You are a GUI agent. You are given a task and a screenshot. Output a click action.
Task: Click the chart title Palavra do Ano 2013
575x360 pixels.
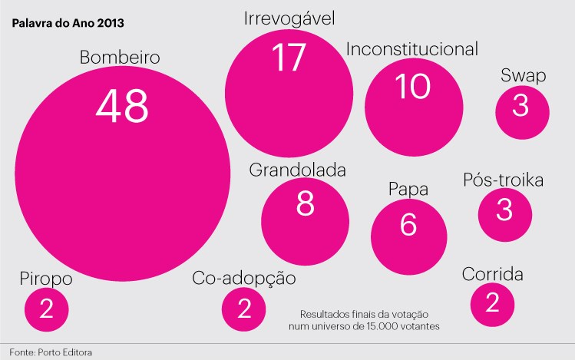click(68, 22)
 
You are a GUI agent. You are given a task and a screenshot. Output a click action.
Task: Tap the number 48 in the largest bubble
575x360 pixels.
click(122, 105)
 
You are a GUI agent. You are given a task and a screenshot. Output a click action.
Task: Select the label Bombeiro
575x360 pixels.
click(119, 58)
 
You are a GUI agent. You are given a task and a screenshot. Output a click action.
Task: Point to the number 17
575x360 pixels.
click(289, 58)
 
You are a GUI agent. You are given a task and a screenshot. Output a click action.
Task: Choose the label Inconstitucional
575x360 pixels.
click(412, 50)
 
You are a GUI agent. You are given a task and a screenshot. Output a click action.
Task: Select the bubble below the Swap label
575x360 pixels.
click(522, 109)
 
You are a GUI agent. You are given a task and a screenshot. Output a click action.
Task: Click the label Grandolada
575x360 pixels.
click(298, 170)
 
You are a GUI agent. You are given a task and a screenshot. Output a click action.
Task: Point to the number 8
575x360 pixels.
click(305, 203)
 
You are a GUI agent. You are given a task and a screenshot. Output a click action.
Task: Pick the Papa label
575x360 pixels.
click(408, 190)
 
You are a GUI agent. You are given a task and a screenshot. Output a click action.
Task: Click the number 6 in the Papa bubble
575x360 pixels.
click(408, 226)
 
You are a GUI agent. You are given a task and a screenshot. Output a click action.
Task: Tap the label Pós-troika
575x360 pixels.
click(504, 181)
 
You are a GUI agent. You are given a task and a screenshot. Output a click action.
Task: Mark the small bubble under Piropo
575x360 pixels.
click(46, 309)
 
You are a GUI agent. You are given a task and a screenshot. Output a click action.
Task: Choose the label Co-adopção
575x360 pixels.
click(243, 278)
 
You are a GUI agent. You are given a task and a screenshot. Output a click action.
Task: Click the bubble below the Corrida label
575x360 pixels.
click(493, 303)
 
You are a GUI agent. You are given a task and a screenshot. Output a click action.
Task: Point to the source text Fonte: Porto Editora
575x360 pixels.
click(55, 352)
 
